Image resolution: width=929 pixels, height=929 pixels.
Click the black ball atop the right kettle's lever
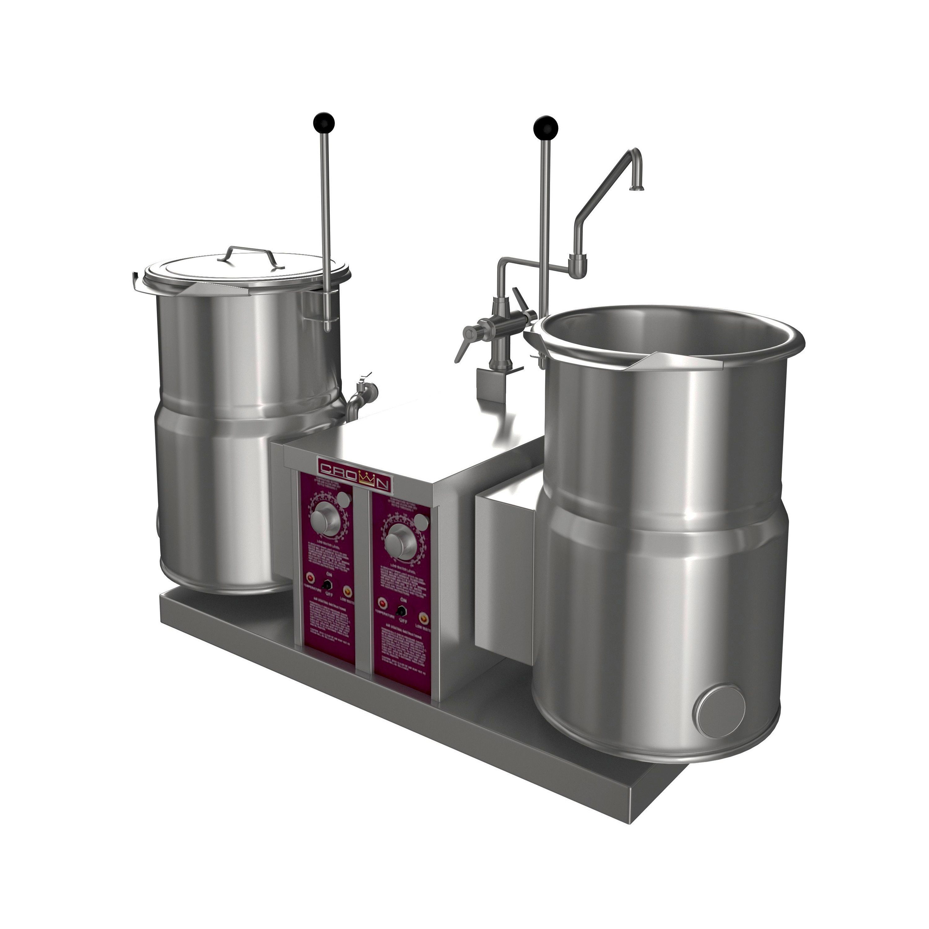(543, 126)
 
